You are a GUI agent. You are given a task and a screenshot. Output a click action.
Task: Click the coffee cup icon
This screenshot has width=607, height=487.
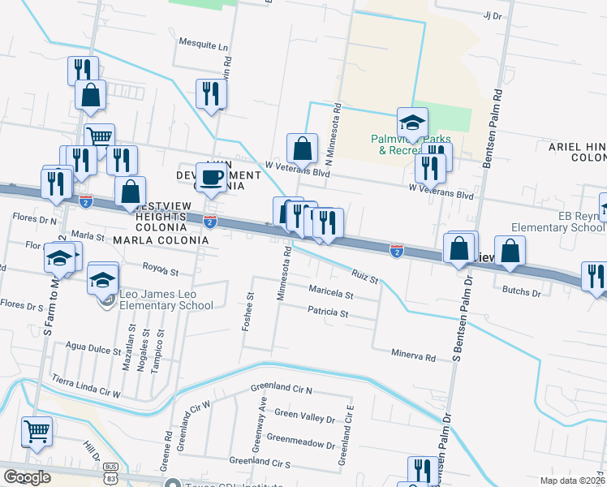click(x=212, y=177)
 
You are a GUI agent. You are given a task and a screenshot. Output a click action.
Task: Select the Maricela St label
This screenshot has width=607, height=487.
click(x=331, y=292)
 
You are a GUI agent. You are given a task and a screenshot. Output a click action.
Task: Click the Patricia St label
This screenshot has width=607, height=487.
click(x=328, y=312)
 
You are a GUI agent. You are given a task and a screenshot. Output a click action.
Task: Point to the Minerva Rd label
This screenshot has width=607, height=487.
click(x=414, y=357)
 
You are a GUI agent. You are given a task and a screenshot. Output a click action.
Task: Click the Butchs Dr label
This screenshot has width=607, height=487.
click(x=522, y=290)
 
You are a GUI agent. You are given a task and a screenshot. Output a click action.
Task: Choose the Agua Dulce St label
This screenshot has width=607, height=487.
click(x=93, y=352)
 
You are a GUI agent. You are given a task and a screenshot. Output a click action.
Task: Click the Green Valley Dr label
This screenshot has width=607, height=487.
click(x=304, y=415)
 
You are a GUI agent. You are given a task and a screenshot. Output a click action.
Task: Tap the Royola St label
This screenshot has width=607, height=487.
click(x=160, y=269)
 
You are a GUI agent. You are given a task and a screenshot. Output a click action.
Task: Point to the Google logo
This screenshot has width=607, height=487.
click(x=26, y=477)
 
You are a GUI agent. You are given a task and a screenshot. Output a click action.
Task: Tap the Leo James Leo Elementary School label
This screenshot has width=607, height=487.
click(x=166, y=300)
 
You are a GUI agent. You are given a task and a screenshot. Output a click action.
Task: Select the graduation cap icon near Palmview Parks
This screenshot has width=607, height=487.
click(x=412, y=123)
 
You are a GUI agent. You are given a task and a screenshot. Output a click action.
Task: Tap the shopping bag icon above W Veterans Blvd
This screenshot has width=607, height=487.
click(x=302, y=149)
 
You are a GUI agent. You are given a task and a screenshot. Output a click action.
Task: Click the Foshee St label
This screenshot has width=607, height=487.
click(x=249, y=312)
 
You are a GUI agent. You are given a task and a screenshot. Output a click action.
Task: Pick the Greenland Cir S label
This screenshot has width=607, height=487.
click(x=260, y=462)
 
